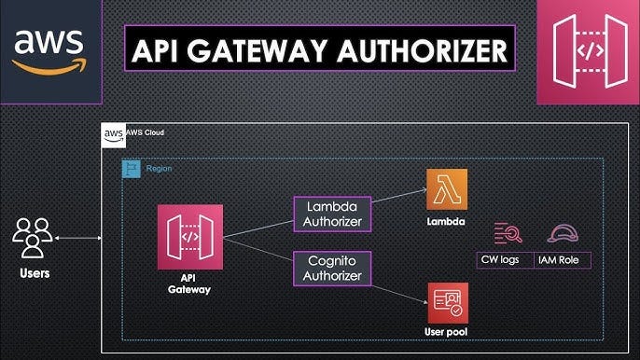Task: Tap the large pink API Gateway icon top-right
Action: pos(588,51)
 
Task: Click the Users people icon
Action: pos(33,238)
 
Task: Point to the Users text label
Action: pos(34,273)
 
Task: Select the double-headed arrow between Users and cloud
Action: pos(78,239)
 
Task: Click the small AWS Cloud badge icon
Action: pos(113,135)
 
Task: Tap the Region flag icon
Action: pos(132,169)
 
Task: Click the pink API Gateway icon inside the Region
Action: pos(190,237)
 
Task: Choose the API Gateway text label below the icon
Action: pos(190,283)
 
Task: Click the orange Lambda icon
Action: pos(447,189)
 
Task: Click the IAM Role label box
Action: pos(563,258)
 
